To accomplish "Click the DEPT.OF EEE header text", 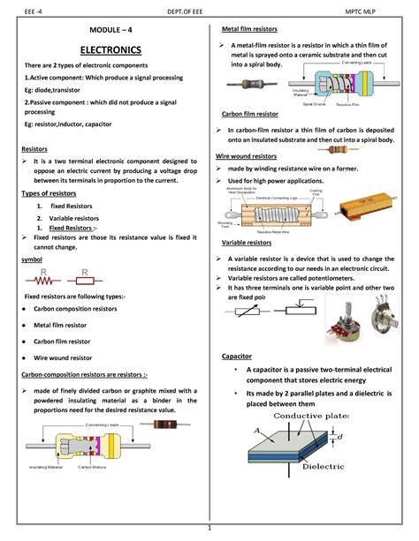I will click(211, 10).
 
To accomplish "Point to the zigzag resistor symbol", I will click(42, 282).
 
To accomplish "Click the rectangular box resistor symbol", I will click(86, 282).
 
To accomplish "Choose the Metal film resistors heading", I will click(255, 29).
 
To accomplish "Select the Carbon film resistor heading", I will click(251, 114).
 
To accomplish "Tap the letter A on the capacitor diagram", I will click(257, 431).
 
